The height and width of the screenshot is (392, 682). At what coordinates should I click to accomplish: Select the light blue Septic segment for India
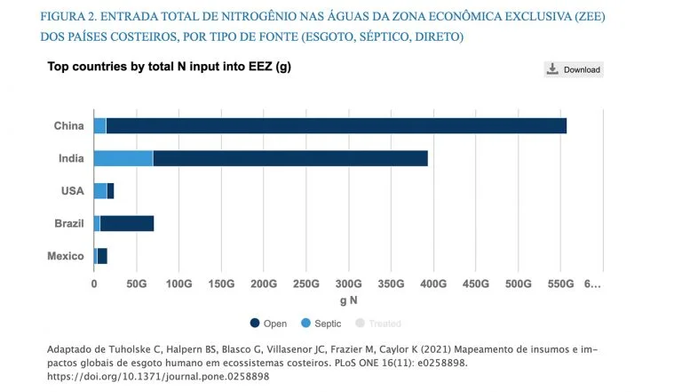[x=123, y=158]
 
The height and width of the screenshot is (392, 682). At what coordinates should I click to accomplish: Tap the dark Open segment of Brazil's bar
[x=127, y=223]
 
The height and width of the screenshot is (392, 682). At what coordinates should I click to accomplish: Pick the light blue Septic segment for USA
[x=99, y=191]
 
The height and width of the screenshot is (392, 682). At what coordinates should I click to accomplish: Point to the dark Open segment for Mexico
[x=102, y=256]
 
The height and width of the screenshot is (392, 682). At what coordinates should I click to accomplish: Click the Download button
[x=574, y=69]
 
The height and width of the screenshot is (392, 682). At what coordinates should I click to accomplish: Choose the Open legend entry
[x=269, y=324]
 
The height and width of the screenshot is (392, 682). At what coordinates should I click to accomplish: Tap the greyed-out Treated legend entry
[x=379, y=324]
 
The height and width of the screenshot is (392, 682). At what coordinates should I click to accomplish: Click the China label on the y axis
[x=68, y=126]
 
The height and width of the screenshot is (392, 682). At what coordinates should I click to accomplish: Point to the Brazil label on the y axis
[x=68, y=223]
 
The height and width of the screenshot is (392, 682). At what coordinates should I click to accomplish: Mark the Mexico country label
[x=66, y=256]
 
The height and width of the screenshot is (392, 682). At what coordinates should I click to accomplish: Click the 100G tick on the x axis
[x=178, y=284]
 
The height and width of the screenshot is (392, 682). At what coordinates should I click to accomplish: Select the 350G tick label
[x=391, y=284]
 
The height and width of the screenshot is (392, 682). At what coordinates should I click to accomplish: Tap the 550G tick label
[x=560, y=284]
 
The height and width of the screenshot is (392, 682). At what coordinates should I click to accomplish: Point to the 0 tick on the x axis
[x=94, y=284]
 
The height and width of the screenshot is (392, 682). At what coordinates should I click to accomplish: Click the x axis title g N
[x=348, y=300]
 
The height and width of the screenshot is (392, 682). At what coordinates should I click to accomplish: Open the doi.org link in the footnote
[x=157, y=376]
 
